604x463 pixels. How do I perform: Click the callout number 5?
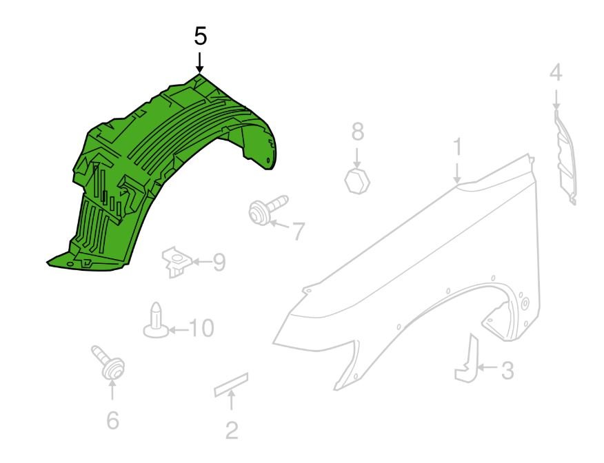pyautogui.click(x=201, y=37)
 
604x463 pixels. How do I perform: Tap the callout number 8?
pyautogui.click(x=357, y=132)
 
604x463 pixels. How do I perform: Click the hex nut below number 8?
pyautogui.click(x=357, y=180)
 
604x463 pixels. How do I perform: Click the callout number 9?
pyautogui.click(x=219, y=262)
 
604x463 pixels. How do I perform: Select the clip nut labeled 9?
pyautogui.click(x=176, y=261)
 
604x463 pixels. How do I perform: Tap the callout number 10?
pyautogui.click(x=201, y=328)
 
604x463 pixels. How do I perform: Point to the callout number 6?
pyautogui.click(x=112, y=420)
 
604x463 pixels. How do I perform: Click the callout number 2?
pyautogui.click(x=232, y=431)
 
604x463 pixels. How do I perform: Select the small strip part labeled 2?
pyautogui.click(x=231, y=384)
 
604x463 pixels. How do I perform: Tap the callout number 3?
pyautogui.click(x=507, y=370)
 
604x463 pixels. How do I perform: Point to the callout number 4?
pyautogui.click(x=556, y=73)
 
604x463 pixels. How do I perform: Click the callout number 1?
pyautogui.click(x=457, y=147)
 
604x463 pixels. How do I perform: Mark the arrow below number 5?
pyautogui.click(x=199, y=63)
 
